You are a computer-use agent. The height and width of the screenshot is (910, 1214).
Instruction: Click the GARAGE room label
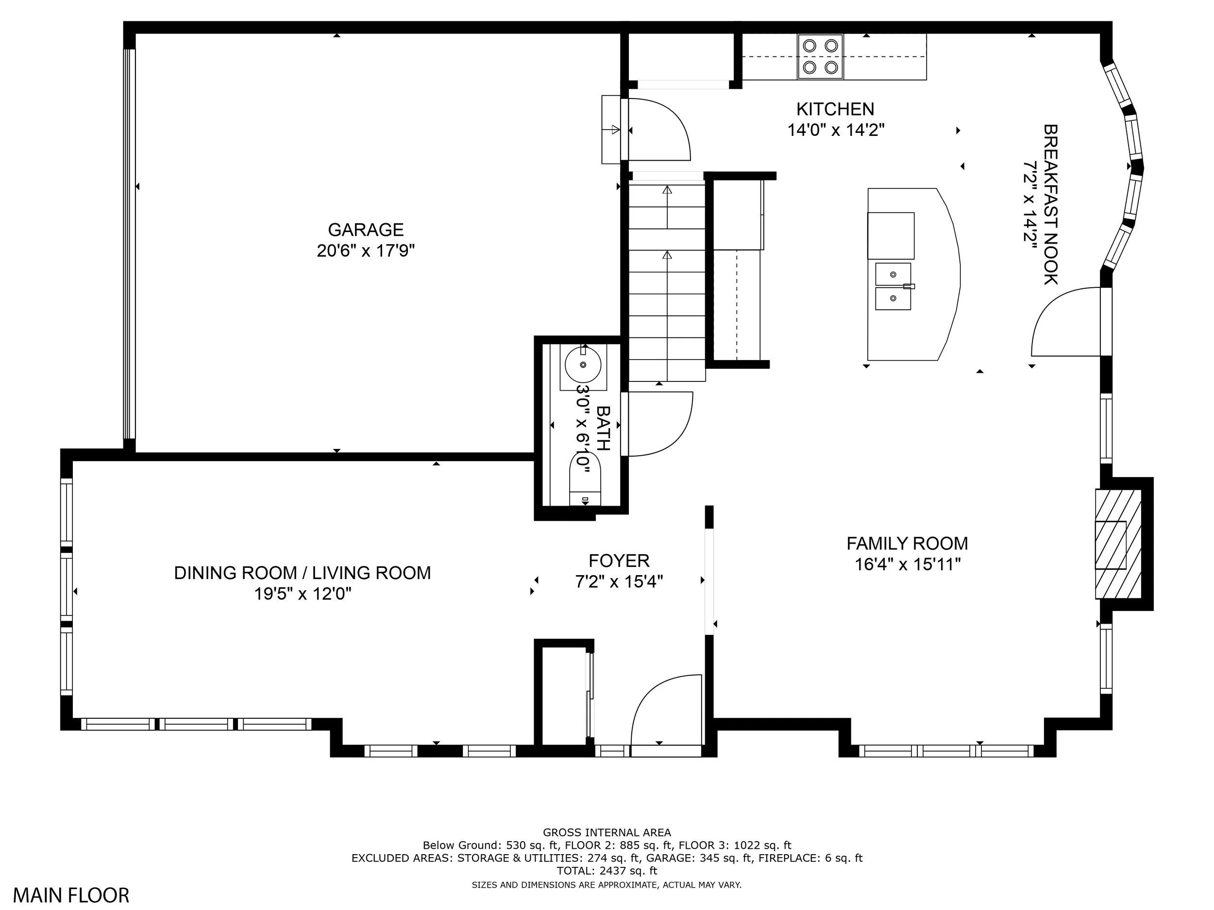366,230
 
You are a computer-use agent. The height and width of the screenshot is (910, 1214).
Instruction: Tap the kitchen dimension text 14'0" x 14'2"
836,131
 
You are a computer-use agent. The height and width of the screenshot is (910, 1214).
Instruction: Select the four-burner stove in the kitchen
821,57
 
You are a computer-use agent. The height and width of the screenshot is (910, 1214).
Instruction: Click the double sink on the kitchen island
894,286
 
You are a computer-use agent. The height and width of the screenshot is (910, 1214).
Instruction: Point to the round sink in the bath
583,365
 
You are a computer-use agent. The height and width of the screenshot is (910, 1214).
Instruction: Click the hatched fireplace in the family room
1118,544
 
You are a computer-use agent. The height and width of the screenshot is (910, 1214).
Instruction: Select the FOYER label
619,561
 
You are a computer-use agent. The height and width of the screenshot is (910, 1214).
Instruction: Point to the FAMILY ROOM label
907,544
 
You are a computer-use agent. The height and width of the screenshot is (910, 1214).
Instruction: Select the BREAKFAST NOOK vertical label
1050,205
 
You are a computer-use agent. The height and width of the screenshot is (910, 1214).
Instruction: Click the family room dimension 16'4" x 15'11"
908,564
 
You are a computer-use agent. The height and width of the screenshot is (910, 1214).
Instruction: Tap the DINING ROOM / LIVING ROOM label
303,573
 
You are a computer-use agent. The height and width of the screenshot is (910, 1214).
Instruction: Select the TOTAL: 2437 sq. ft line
607,871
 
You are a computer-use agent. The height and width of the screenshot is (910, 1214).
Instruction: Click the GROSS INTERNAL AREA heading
607,833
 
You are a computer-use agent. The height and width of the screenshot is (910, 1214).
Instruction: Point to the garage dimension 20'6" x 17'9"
366,251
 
